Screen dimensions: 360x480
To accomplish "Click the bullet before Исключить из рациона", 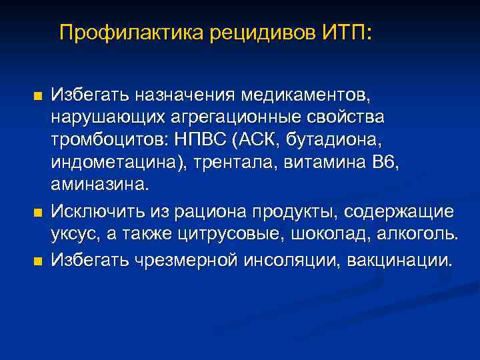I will coord(37,213).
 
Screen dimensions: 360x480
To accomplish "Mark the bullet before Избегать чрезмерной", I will coord(37,259).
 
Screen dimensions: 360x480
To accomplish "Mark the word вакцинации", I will coord(402,259).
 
